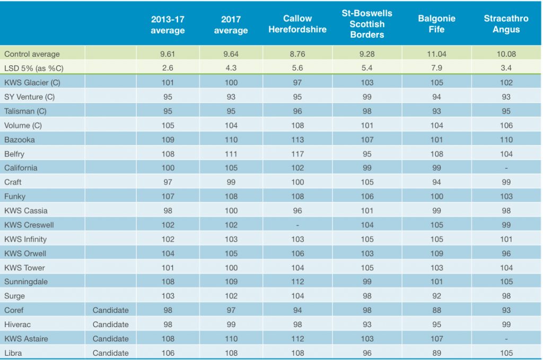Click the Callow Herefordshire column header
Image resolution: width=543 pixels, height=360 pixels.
297,24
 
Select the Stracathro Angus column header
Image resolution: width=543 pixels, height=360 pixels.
506,24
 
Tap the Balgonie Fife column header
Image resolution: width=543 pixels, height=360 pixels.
436,24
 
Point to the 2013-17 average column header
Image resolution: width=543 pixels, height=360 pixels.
168,24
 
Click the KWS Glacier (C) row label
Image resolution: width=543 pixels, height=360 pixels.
29,82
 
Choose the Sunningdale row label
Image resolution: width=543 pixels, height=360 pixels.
26,282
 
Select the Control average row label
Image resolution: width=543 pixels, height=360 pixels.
32,54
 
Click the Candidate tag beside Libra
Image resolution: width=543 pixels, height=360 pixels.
110,353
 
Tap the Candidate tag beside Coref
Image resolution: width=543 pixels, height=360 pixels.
110,310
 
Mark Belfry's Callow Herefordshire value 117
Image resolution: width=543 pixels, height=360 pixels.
297,154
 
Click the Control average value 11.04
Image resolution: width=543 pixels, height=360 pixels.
436,54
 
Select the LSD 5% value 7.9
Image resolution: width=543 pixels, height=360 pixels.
436,68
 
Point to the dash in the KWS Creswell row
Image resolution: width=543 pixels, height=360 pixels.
297,225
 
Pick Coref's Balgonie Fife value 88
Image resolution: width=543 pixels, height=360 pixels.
436,310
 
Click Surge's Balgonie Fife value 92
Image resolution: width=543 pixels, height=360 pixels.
436,296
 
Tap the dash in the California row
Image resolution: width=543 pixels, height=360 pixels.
506,168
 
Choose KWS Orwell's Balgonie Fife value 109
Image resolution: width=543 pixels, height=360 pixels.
436,253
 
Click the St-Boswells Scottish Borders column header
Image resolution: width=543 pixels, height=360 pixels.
367,24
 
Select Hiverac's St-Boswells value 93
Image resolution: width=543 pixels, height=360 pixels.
367,324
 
